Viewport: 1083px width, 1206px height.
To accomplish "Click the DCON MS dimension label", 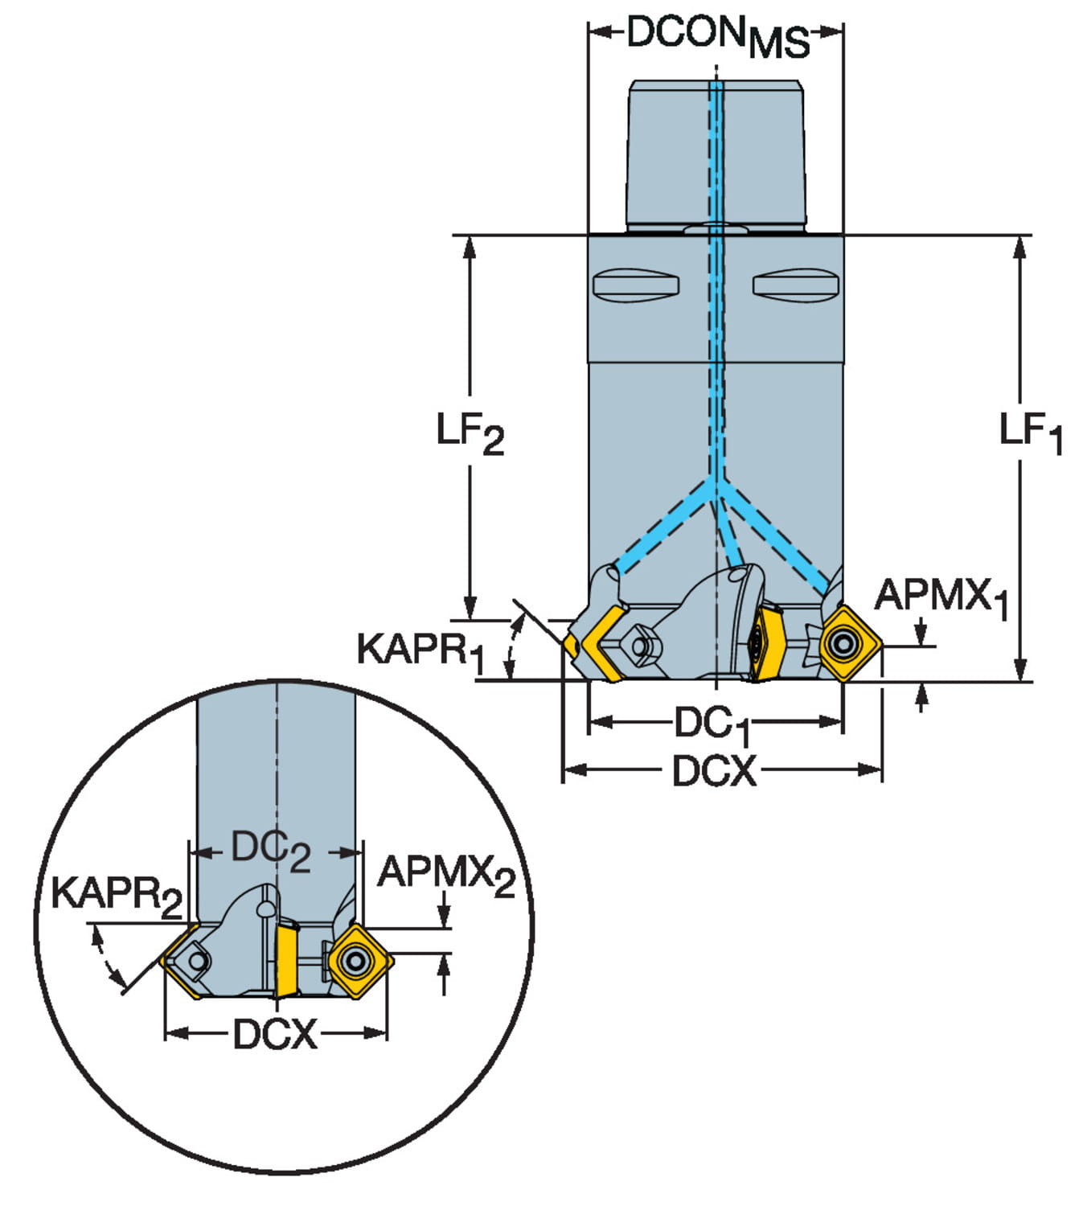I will [717, 36].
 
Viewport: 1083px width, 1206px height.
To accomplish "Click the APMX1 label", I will [941, 599].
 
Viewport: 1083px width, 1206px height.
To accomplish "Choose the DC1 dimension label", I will [712, 724].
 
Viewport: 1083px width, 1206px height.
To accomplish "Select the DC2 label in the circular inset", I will [270, 850].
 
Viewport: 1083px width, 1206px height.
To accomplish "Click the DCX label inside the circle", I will [275, 1034].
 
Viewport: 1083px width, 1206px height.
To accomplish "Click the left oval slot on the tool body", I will [635, 285].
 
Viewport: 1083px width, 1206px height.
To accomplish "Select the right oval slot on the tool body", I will [796, 285].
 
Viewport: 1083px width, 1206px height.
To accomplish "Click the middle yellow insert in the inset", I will [285, 961].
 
